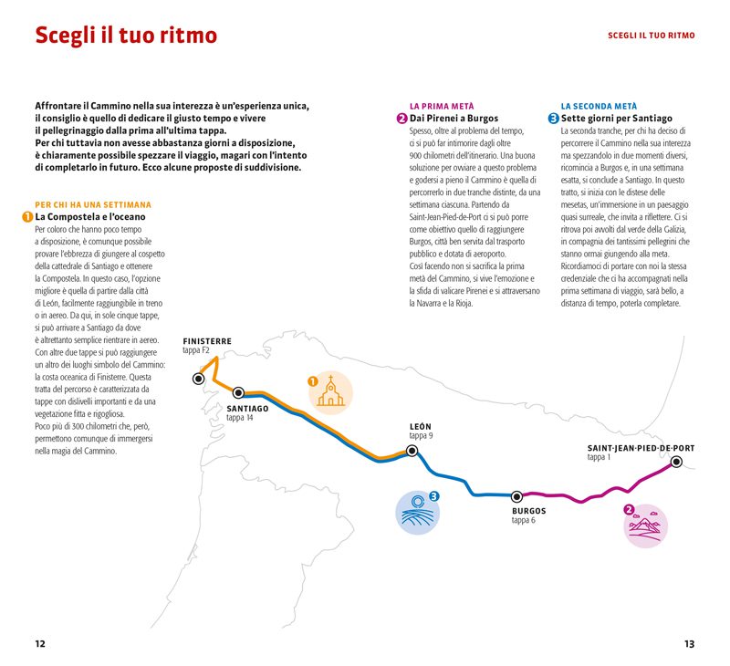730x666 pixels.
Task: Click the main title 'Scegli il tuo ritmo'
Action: click(126, 36)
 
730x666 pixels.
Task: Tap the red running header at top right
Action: click(651, 36)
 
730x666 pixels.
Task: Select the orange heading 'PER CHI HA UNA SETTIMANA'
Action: click(93, 205)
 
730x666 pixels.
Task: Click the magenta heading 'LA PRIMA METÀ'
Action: click(442, 107)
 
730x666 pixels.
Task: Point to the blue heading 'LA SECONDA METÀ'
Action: click(599, 107)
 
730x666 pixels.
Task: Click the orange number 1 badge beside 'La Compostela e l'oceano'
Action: click(27, 217)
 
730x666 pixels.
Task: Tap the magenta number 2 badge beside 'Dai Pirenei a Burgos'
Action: click(401, 119)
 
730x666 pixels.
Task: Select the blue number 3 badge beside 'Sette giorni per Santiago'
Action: click(553, 119)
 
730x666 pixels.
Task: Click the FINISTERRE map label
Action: click(207, 341)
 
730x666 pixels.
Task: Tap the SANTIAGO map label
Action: click(247, 408)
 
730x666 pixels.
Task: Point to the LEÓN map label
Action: click(421, 427)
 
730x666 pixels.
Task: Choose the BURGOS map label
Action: click(529, 511)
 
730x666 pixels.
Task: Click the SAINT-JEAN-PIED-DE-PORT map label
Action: click(641, 448)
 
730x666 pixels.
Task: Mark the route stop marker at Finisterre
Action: click(198, 378)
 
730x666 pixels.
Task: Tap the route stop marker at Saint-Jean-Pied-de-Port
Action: click(676, 462)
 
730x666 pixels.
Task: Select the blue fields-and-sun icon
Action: click(418, 512)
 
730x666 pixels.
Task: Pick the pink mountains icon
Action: click(646, 526)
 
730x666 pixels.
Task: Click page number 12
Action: click(40, 643)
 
